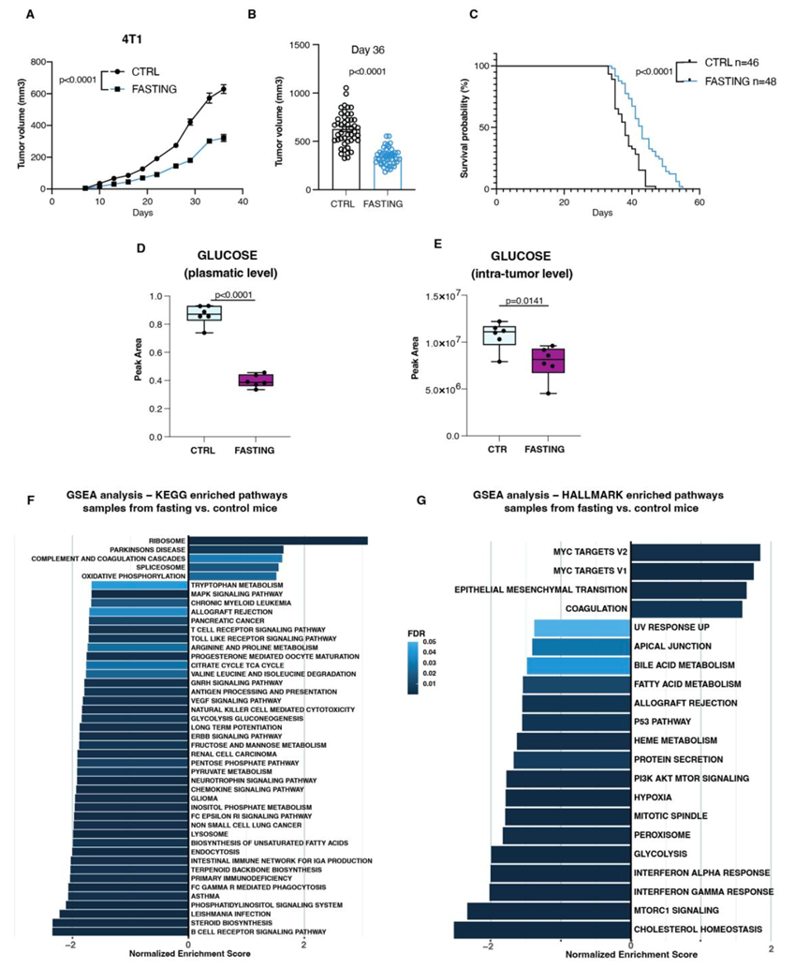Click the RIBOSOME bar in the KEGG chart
277,540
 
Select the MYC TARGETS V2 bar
695,553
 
